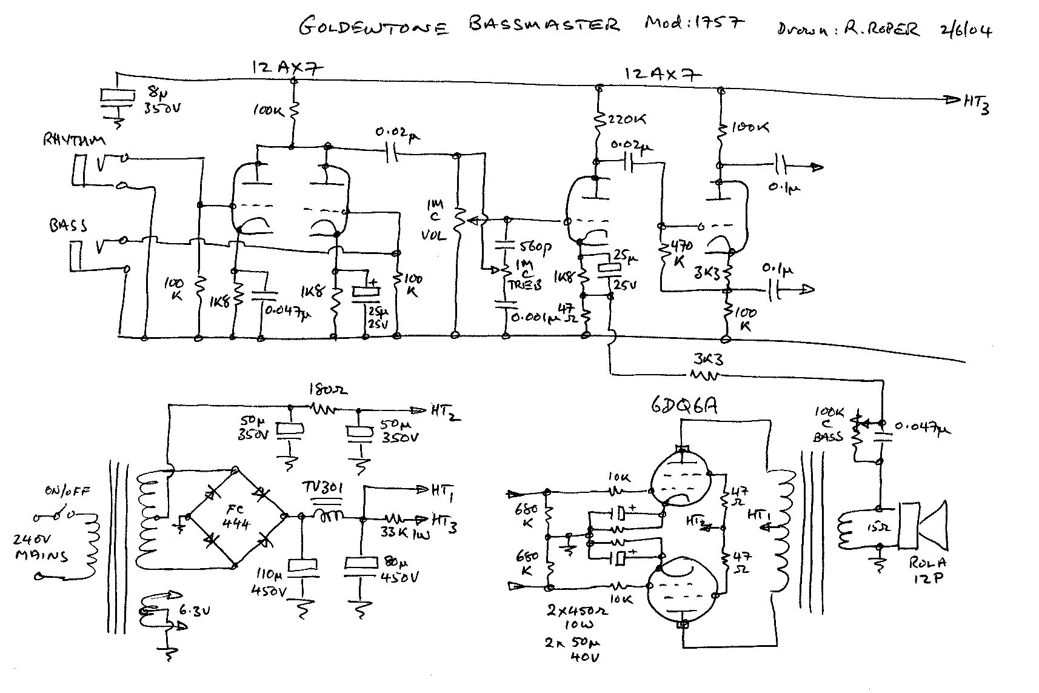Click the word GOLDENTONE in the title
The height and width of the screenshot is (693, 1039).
[374, 27]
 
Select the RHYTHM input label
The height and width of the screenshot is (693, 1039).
[74, 140]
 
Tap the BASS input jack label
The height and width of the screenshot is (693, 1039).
[68, 226]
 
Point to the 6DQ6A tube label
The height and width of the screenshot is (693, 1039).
[684, 405]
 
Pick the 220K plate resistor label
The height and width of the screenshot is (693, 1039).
[626, 119]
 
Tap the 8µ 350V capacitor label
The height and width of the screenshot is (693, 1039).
[161, 101]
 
